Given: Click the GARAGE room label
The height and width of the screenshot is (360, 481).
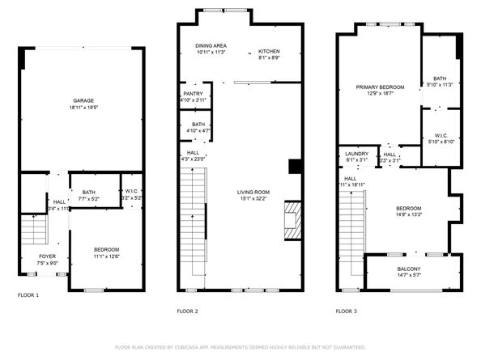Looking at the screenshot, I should pyautogui.click(x=84, y=100).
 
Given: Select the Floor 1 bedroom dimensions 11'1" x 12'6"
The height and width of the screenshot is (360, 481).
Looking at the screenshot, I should pyautogui.click(x=106, y=256).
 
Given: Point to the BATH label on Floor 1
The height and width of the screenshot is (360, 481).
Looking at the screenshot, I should pyautogui.click(x=89, y=192).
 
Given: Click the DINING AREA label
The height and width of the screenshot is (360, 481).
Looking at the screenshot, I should pyautogui.click(x=210, y=45).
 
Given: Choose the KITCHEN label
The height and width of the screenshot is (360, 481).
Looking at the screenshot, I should pyautogui.click(x=269, y=50).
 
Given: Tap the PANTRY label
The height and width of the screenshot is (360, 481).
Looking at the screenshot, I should pyautogui.click(x=194, y=94).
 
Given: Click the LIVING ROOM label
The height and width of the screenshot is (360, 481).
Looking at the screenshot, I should pyautogui.click(x=253, y=192).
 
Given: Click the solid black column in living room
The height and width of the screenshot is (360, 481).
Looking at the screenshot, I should pyautogui.click(x=296, y=167).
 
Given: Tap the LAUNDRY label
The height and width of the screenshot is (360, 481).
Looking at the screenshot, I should pyautogui.click(x=356, y=153).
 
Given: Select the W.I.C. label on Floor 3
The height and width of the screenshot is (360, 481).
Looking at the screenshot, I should pyautogui.click(x=441, y=135).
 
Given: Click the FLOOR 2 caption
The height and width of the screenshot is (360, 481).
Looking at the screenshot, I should pyautogui.click(x=187, y=311).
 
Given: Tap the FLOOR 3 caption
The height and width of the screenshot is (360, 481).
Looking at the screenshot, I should pyautogui.click(x=347, y=311).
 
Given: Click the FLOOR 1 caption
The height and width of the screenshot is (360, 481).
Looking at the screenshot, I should pyautogui.click(x=28, y=295).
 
